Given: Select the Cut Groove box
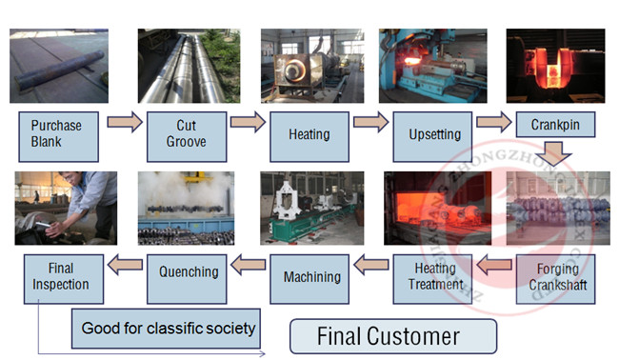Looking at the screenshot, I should [x=185, y=135].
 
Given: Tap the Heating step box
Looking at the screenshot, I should [x=309, y=135].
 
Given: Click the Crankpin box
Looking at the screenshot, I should [x=556, y=124].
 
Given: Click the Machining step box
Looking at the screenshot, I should [x=311, y=277].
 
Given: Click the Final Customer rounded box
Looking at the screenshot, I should [x=393, y=336].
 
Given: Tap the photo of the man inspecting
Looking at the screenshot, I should [x=66, y=209].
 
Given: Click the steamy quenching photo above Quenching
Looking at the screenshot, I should [x=186, y=209].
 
